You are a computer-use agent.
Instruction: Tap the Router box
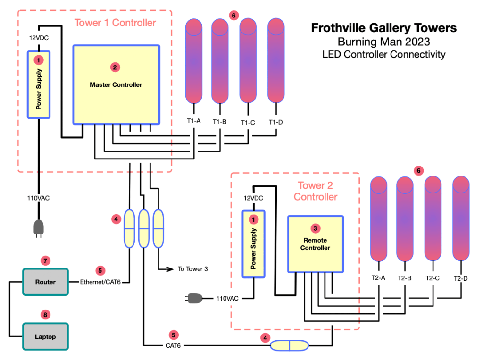pos(45,282)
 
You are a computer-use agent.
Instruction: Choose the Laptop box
pos(45,336)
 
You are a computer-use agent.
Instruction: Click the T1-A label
pos(194,121)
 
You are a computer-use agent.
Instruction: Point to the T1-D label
pos(276,122)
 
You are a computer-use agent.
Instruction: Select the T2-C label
pos(433,278)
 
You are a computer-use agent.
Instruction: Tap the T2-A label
pos(378,278)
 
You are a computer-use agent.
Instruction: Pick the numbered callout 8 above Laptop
pos(45,314)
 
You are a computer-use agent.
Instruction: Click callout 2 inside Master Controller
pos(115,67)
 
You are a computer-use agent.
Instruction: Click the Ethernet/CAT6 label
pos(100,282)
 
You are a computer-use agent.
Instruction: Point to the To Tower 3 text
pos(193,269)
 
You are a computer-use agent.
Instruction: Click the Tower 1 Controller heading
pos(115,23)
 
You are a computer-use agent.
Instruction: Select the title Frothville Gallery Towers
pos(383,28)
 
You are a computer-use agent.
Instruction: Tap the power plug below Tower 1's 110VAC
pos(38,228)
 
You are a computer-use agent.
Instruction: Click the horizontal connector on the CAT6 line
pos(289,346)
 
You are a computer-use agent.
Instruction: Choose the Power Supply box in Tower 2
pos(254,243)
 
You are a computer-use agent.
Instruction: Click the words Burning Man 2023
pos(383,42)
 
